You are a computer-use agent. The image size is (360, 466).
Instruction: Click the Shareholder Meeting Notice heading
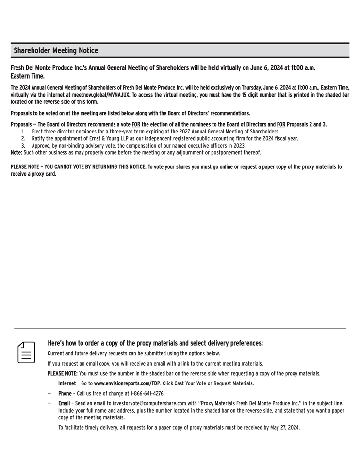pos(56,50)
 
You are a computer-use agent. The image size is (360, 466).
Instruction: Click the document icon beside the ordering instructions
pos(27,352)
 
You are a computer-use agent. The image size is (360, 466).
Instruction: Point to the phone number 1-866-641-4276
pos(138,393)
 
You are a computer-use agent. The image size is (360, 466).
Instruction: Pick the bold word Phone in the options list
pos(65,393)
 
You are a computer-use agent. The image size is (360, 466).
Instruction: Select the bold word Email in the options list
pos(64,403)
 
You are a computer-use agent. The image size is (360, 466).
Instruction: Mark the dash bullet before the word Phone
pos(49,393)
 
